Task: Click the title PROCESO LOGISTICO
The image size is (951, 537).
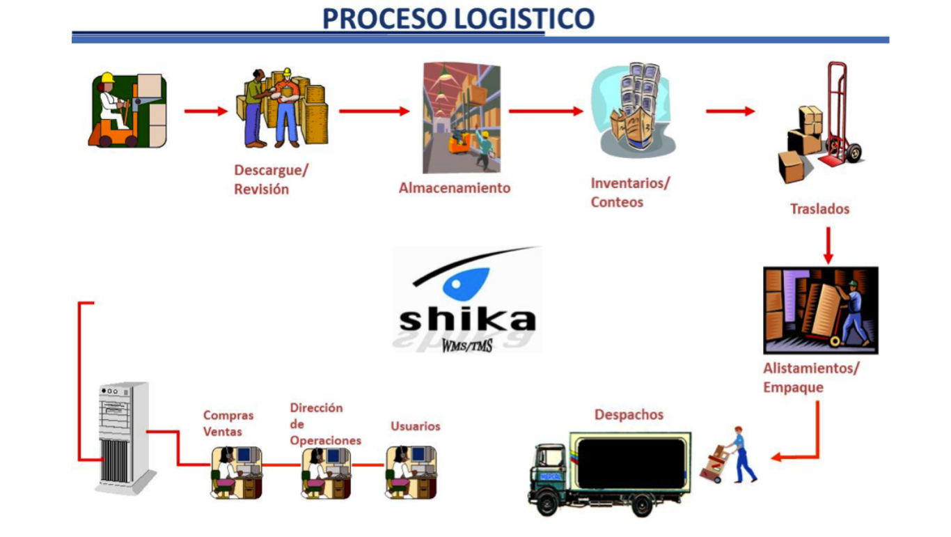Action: coord(458,18)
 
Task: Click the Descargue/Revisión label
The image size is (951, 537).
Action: coord(271,180)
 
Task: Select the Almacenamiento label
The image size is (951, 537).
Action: coord(454,188)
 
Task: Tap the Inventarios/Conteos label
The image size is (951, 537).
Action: coord(629,192)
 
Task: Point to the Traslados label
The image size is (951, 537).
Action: coord(819,209)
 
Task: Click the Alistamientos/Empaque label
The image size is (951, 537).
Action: coord(810,378)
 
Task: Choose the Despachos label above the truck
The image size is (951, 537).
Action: coord(629,415)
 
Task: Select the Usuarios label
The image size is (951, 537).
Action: coord(415,426)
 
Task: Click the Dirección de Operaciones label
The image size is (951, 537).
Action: coord(325,424)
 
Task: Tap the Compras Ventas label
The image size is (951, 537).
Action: coord(228,423)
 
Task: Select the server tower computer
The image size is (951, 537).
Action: coord(123,437)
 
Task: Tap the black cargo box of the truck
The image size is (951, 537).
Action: coord(631,463)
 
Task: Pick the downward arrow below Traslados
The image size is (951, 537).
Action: coord(828,245)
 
